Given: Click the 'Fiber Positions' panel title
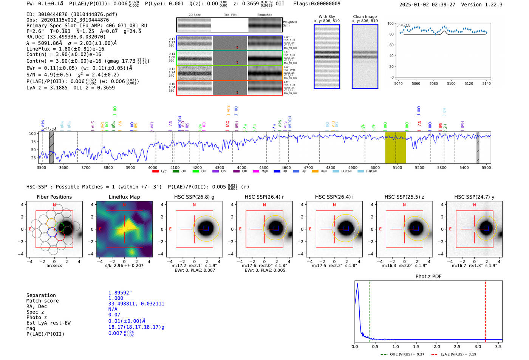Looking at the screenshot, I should (54, 197).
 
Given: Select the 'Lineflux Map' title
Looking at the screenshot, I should (124, 197).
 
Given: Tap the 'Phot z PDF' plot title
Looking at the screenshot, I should (428, 277).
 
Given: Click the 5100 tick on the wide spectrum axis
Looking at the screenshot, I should (397, 167).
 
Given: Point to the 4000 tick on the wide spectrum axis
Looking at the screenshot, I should (152, 167).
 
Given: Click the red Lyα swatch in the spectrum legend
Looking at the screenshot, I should (155, 172).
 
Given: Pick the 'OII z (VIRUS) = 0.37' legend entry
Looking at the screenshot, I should (402, 354).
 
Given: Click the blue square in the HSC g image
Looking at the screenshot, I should (206, 228).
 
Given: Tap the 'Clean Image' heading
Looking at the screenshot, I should (365, 17).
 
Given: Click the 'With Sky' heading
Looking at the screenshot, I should (327, 17).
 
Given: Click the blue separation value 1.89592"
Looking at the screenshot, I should (120, 293).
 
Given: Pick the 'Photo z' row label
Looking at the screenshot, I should (37, 317).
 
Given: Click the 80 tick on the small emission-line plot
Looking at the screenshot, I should (391, 34).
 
